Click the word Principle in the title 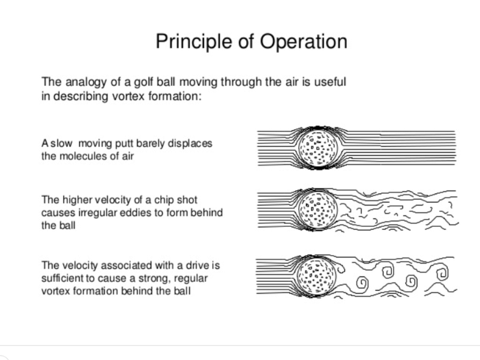194,42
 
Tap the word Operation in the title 304,41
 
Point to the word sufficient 62,278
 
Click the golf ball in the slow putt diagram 319,148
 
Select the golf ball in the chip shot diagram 318,210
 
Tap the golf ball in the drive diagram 317,276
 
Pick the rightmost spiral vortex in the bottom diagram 442,272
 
